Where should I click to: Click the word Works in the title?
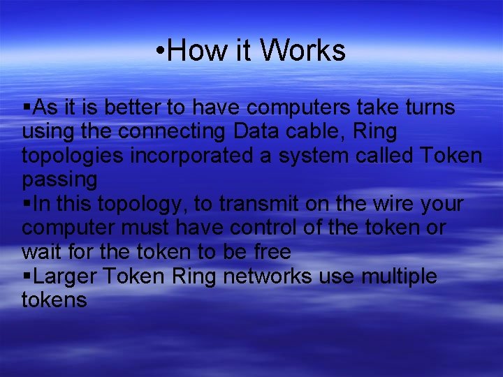(302, 51)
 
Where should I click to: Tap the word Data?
(256, 131)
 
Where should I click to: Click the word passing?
(59, 180)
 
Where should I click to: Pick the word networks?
(268, 276)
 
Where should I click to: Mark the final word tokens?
(54, 300)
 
